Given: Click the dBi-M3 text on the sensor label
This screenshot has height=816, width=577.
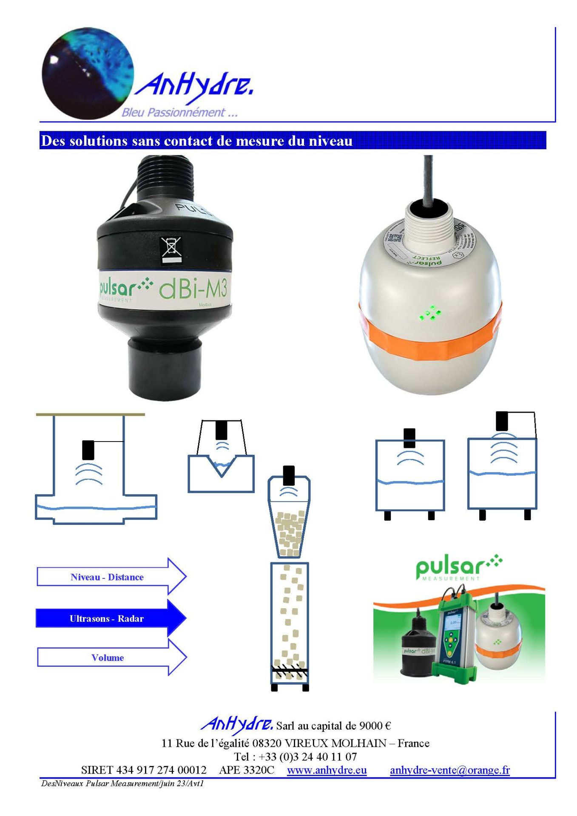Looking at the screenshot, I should [x=193, y=290].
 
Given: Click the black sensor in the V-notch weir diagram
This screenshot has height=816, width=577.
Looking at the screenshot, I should [x=222, y=430].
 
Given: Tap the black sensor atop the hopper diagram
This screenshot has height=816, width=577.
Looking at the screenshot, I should [x=289, y=475].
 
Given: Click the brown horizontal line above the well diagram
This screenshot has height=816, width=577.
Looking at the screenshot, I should [x=90, y=414].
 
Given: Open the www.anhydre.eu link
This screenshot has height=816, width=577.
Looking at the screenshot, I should [x=327, y=770].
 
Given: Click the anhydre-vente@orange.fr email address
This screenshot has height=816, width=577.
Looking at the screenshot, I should [x=449, y=770].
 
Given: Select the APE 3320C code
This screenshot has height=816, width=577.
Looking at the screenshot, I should [x=247, y=770].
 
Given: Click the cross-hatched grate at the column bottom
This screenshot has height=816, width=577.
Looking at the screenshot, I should [x=290, y=672].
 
